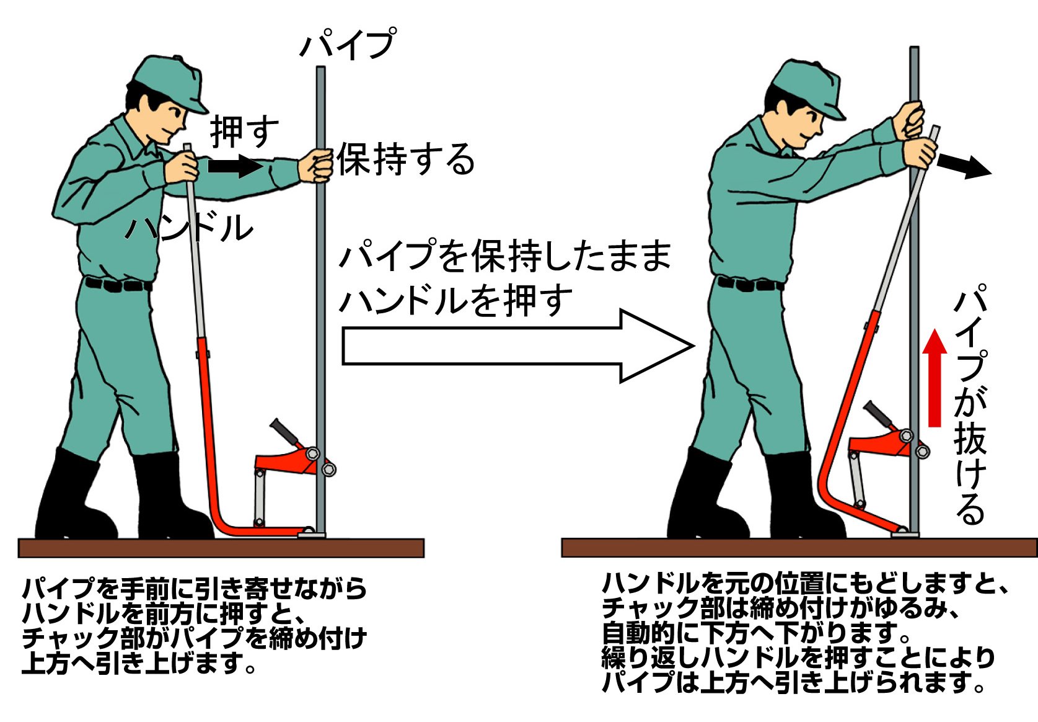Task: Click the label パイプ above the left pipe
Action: click(x=348, y=43)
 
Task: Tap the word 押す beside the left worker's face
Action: click(x=244, y=131)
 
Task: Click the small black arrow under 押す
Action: click(x=235, y=166)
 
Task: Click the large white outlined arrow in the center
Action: click(x=517, y=346)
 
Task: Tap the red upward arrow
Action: click(x=935, y=378)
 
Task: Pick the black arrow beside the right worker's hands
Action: click(x=964, y=167)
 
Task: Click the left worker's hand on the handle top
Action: click(x=182, y=167)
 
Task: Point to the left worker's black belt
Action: click(x=118, y=284)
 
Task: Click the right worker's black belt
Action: click(x=750, y=283)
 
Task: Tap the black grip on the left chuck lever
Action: click(x=284, y=431)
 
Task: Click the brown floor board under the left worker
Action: click(x=221, y=548)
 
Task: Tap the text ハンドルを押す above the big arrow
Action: click(x=456, y=300)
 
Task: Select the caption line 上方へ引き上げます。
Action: click(x=139, y=663)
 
